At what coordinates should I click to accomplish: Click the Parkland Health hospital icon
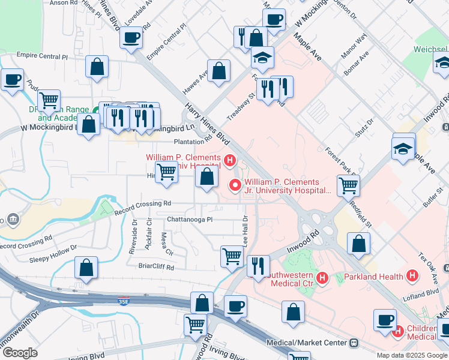pos(412,276)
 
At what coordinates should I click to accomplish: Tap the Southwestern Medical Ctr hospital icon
pos(322,277)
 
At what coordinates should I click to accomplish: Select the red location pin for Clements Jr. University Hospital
pos(234,185)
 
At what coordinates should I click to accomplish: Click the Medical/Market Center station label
pos(307,343)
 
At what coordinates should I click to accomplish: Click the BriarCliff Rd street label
pos(155,267)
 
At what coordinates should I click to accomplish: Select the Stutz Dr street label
pos(364,128)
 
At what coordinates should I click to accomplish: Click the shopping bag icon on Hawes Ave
pos(219,70)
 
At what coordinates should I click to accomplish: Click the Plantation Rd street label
pos(193,142)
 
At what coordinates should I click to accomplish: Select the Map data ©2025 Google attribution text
pos(412,355)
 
